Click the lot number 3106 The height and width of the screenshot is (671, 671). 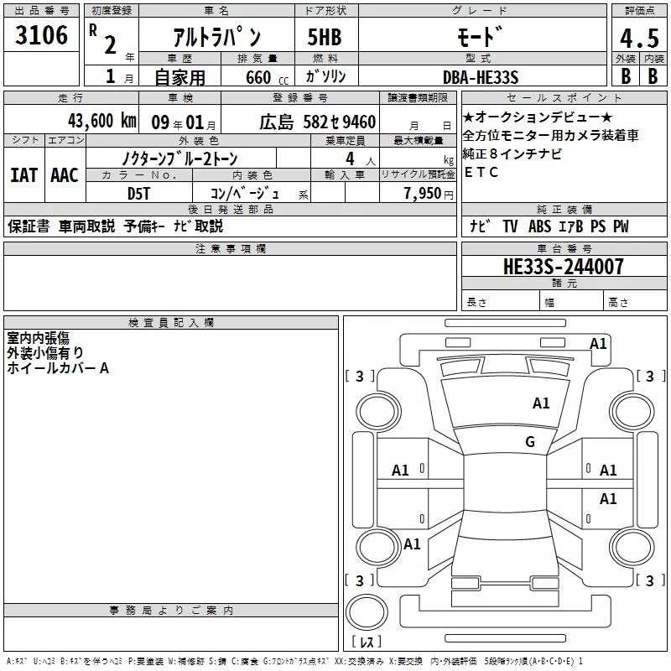coord(41,35)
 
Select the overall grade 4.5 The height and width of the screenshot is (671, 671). coord(639,39)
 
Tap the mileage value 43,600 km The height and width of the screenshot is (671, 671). coord(102,121)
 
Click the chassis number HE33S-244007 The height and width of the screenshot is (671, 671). coord(564,267)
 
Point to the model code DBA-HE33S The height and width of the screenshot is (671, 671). coord(481,77)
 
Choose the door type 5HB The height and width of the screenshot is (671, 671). coord(325,37)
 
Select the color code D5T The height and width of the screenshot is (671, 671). coord(138,194)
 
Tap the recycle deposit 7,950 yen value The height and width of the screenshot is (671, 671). coord(429,194)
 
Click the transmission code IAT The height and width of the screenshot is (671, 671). coord(23,175)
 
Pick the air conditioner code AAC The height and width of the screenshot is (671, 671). coord(65,175)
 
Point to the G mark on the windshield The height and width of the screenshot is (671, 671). coord(530,441)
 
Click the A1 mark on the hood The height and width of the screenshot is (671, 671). coord(541,403)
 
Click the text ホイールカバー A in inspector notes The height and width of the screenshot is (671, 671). coord(58,368)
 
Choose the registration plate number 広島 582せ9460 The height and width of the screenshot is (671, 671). coord(318,122)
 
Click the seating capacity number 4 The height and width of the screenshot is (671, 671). coord(350,159)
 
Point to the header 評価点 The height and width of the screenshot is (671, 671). coord(639,11)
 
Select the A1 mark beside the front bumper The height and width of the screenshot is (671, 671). coord(598,344)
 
